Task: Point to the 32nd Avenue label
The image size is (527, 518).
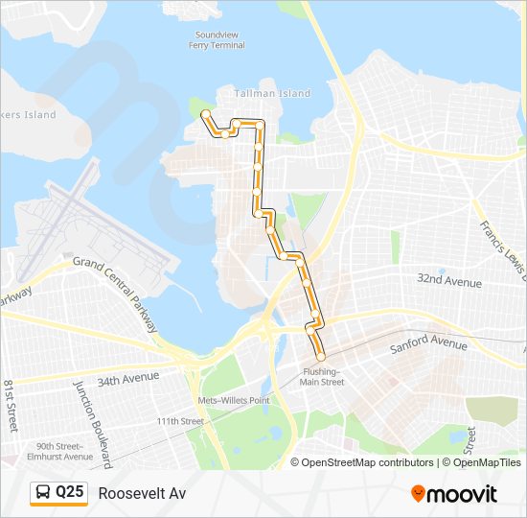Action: pyautogui.click(x=448, y=281)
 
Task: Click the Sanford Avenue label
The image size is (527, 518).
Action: pyautogui.click(x=428, y=343)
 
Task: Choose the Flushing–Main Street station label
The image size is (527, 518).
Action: pyautogui.click(x=321, y=376)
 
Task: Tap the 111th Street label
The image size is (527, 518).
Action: pyautogui.click(x=180, y=421)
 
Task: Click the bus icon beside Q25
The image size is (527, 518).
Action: pyautogui.click(x=43, y=493)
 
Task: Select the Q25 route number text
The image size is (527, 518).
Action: pyautogui.click(x=70, y=493)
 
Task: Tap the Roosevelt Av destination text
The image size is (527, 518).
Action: pyautogui.click(x=142, y=493)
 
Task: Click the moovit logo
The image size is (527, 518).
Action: pyautogui.click(x=453, y=494)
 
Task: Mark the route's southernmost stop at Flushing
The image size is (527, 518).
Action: pyautogui.click(x=320, y=357)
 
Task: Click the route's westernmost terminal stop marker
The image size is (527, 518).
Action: pyautogui.click(x=205, y=115)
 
